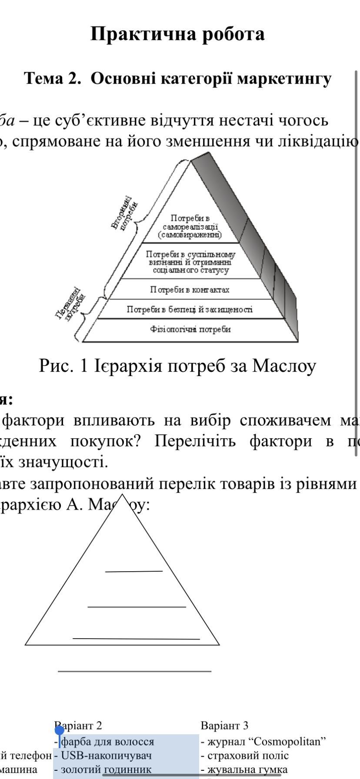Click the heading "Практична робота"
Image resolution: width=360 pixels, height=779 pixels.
click(177, 34)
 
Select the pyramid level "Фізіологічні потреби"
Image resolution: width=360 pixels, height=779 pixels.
click(190, 329)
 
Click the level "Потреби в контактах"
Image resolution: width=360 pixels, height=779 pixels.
click(190, 290)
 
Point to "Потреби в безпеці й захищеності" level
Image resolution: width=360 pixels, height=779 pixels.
click(190, 310)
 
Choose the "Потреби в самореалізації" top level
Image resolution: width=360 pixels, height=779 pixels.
click(190, 226)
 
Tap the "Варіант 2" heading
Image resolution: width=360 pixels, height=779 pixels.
click(78, 725)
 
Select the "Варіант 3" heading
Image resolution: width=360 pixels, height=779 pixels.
click(224, 725)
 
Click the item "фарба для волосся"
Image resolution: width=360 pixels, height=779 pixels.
click(107, 741)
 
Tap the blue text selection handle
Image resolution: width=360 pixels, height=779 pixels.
click(60, 730)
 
